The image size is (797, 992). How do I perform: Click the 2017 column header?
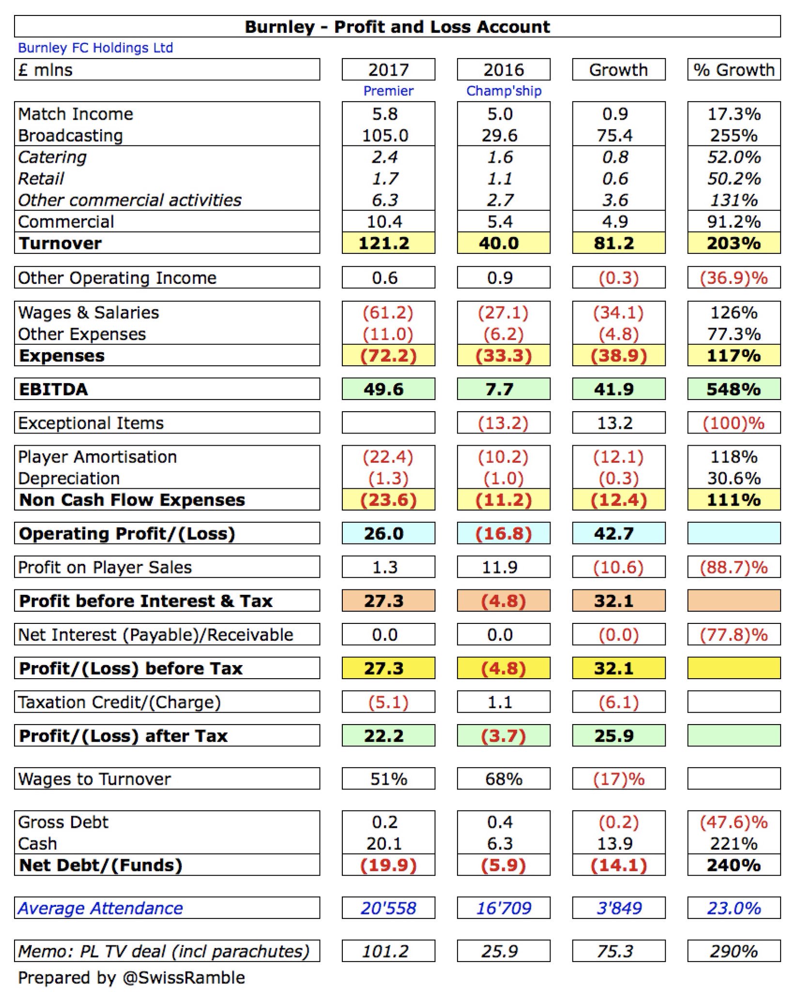tap(388, 70)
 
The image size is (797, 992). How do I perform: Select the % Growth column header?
tap(734, 70)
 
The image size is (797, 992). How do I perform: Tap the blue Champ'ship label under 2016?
tap(504, 91)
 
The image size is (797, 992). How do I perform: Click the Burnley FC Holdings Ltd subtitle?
tap(95, 48)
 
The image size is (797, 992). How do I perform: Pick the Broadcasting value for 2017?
tap(385, 136)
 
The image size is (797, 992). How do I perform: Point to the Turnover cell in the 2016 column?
tap(499, 243)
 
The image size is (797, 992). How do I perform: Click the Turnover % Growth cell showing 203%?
tap(734, 243)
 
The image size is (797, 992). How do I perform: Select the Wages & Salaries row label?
tap(89, 313)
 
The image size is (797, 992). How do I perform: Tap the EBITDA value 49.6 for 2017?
tap(384, 389)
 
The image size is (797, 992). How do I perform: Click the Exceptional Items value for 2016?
tap(503, 423)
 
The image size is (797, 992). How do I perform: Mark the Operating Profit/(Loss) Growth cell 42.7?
tap(614, 534)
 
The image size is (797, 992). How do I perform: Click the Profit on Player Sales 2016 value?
tap(500, 568)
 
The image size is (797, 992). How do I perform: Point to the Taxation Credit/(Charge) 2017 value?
tap(388, 702)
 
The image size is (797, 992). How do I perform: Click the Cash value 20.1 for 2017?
tap(384, 844)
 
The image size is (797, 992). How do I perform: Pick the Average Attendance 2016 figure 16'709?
tap(504, 908)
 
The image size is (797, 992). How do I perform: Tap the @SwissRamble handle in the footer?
tap(184, 978)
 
